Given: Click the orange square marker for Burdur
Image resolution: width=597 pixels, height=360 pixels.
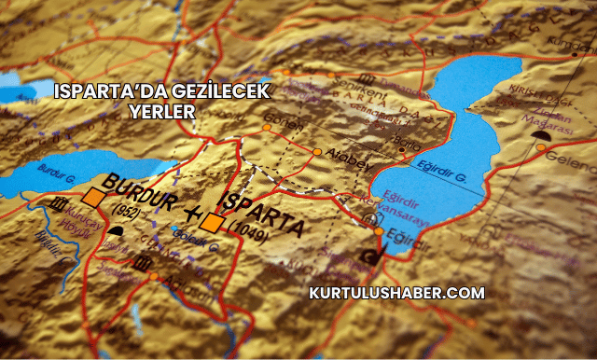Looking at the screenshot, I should coord(92,197).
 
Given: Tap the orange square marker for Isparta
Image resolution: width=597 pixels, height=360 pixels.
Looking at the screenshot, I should coord(214,222).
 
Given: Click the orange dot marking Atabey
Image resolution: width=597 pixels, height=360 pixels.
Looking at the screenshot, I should coord(317,152).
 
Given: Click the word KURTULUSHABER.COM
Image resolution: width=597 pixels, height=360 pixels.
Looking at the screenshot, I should coord(396,293).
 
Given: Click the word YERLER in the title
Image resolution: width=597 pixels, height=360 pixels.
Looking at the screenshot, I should coord(162,111).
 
